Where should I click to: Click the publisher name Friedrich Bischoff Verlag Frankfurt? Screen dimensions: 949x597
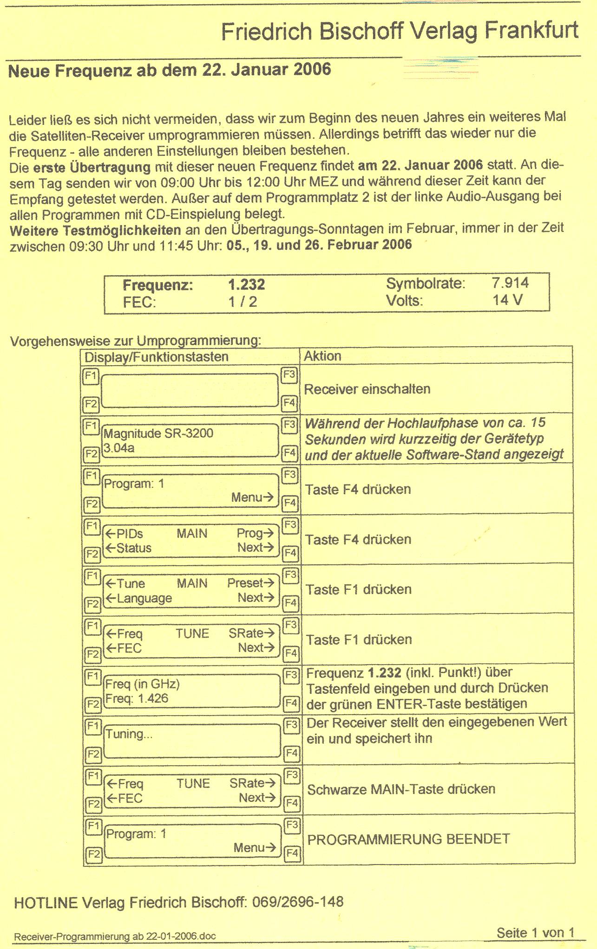click(x=400, y=31)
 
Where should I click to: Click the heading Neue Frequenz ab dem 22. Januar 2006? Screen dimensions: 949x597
click(x=170, y=70)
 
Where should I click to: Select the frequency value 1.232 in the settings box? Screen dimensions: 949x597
click(x=246, y=284)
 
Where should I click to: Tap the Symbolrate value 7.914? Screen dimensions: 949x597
click(x=510, y=283)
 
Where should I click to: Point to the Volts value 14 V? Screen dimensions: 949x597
click(x=507, y=300)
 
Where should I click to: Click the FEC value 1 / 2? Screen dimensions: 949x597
click(x=243, y=302)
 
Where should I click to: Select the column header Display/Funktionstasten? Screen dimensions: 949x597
click(x=157, y=356)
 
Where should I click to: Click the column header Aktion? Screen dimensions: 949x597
click(x=322, y=356)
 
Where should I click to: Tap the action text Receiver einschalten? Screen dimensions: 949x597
click(x=367, y=389)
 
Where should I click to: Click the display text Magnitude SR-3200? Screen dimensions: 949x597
click(x=158, y=433)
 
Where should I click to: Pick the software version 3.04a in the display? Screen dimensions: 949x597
click(x=119, y=448)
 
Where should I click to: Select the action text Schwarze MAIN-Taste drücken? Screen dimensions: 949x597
click(x=401, y=789)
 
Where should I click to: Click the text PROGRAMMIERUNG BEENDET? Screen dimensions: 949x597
click(x=409, y=839)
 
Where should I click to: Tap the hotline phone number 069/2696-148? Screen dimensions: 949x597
click(x=298, y=902)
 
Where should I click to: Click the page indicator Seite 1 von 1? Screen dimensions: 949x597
click(x=535, y=932)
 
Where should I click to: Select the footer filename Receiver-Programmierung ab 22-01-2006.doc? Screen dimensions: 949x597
click(x=115, y=936)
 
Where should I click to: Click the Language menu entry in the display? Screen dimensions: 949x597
click(x=144, y=598)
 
